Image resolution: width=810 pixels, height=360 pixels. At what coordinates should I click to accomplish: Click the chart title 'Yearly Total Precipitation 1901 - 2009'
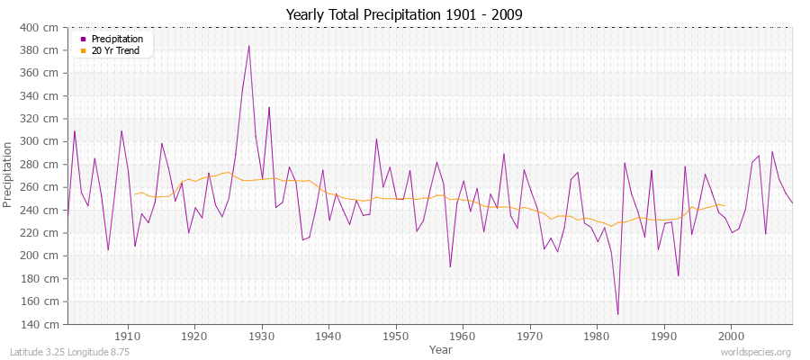(x=404, y=14)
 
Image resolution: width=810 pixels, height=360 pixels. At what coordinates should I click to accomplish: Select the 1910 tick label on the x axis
(x=128, y=336)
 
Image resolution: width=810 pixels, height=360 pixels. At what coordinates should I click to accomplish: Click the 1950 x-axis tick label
(x=396, y=336)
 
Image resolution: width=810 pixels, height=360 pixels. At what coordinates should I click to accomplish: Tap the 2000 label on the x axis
(x=731, y=336)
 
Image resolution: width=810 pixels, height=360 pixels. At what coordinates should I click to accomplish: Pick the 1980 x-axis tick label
(x=597, y=336)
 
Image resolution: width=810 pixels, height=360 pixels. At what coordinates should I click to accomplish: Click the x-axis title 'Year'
(x=441, y=348)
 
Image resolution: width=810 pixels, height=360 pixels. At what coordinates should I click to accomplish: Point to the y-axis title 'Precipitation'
(x=9, y=175)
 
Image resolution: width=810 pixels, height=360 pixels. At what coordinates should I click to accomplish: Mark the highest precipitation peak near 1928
(x=249, y=46)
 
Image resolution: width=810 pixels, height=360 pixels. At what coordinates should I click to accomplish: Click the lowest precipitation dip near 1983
(x=617, y=314)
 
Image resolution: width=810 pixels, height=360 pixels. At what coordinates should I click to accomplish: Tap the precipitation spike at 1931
(x=269, y=108)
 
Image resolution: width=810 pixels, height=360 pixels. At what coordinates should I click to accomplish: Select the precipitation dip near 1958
(x=450, y=266)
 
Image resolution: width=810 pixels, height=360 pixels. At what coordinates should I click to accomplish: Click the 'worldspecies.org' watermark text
(x=756, y=352)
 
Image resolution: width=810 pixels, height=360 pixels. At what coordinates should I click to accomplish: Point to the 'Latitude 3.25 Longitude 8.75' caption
(x=67, y=352)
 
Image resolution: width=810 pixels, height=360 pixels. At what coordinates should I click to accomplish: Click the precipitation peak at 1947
(x=376, y=139)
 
